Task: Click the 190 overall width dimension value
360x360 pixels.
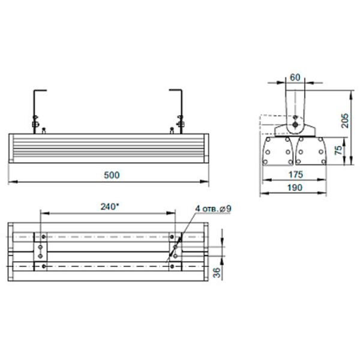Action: point(294,187)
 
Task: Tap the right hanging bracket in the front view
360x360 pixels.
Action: point(178,111)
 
